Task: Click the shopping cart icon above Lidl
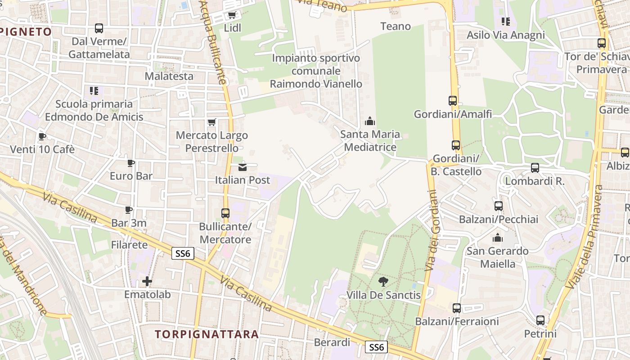[232, 15]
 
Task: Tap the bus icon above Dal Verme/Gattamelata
[99, 28]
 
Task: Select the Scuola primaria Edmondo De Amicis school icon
[94, 91]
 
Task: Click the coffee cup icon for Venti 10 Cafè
[42, 136]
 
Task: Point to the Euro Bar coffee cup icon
[131, 162]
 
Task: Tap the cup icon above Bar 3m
[129, 210]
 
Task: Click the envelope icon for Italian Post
[243, 167]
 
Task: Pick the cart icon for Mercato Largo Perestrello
[211, 122]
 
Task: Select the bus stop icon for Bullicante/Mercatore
[225, 213]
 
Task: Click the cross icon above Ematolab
[147, 282]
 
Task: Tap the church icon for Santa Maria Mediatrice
[370, 121]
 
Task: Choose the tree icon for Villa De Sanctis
[383, 282]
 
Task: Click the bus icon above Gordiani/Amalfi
[453, 101]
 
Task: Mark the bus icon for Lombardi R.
[535, 168]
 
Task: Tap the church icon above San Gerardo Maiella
[498, 238]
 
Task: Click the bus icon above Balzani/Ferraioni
[457, 308]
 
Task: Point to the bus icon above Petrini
[540, 320]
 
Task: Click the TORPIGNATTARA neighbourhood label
[207, 334]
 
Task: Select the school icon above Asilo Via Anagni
[506, 22]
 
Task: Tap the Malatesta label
[169, 76]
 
